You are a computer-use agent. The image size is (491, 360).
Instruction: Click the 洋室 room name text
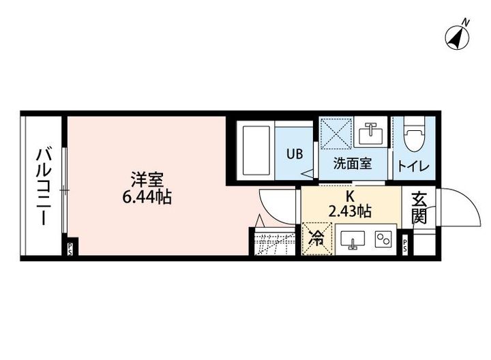pyautogui.click(x=147, y=181)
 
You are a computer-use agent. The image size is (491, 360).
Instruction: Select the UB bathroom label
pyautogui.click(x=294, y=153)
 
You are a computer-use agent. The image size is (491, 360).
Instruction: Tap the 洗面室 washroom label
pyautogui.click(x=352, y=164)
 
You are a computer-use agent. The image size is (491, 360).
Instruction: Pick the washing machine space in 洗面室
pyautogui.click(x=336, y=132)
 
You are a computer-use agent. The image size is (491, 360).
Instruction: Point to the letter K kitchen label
pyautogui.click(x=350, y=196)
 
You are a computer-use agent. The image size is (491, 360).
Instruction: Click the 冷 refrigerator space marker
pyautogui.click(x=316, y=239)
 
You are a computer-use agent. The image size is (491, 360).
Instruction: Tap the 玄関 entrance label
pyautogui.click(x=419, y=208)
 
